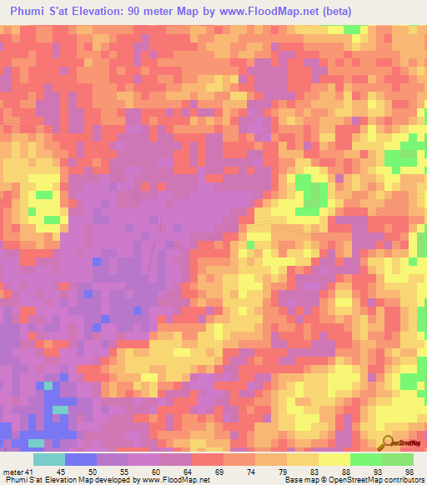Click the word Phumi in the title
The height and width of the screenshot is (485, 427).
[x=30, y=11]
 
